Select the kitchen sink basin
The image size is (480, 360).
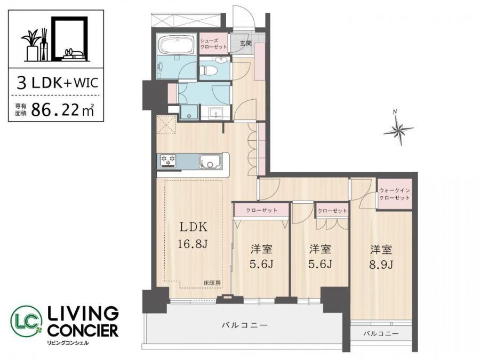pyautogui.click(x=210, y=161)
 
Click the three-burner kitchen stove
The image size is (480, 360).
pyautogui.click(x=168, y=161)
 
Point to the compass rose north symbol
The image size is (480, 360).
pyautogui.click(x=398, y=128)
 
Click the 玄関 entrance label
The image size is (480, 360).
pyautogui.click(x=245, y=43)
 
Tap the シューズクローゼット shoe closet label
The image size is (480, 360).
pyautogui.click(x=213, y=44)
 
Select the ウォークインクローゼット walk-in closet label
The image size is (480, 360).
pyautogui.click(x=394, y=194)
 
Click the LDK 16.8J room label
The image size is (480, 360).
pyautogui.click(x=193, y=235)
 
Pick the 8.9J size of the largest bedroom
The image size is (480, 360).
pyautogui.click(x=381, y=265)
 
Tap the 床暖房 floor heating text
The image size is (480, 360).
pyautogui.click(x=212, y=283)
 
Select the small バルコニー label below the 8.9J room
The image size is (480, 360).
pyautogui.click(x=381, y=333)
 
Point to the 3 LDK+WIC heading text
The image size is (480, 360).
pyautogui.click(x=58, y=83)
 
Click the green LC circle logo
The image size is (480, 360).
pyautogui.click(x=26, y=321)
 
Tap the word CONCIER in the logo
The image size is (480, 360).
pyautogui.click(x=83, y=331)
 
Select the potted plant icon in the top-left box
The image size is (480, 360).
pyautogui.click(x=31, y=46)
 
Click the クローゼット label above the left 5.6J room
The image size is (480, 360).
pyautogui.click(x=261, y=210)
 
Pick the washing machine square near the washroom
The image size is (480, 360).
pyautogui.click(x=189, y=112)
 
